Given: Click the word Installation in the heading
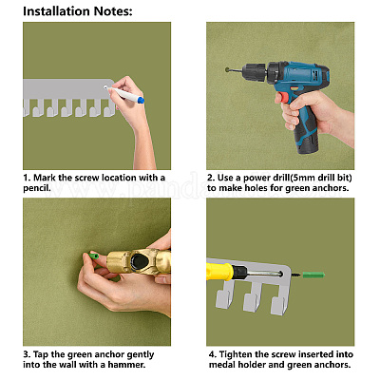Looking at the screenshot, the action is click(57, 11).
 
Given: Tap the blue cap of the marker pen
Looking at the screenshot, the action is click(141, 101).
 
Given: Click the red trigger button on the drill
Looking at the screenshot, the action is click(284, 98).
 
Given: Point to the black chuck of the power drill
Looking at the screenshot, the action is click(254, 70).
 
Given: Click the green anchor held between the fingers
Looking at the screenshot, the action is click(93, 256).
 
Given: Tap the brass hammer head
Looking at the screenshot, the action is click(139, 261).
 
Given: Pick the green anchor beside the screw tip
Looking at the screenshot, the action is click(313, 275).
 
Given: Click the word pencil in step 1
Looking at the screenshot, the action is click(36, 188).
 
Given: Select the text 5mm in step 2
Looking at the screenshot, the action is click(304, 178).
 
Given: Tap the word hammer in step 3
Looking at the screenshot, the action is click(125, 365).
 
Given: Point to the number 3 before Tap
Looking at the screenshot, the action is click(26, 354).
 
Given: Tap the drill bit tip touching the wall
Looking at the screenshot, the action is click(228, 69).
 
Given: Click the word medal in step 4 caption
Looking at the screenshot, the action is click(222, 365).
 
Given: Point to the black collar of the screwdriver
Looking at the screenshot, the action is click(240, 271).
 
